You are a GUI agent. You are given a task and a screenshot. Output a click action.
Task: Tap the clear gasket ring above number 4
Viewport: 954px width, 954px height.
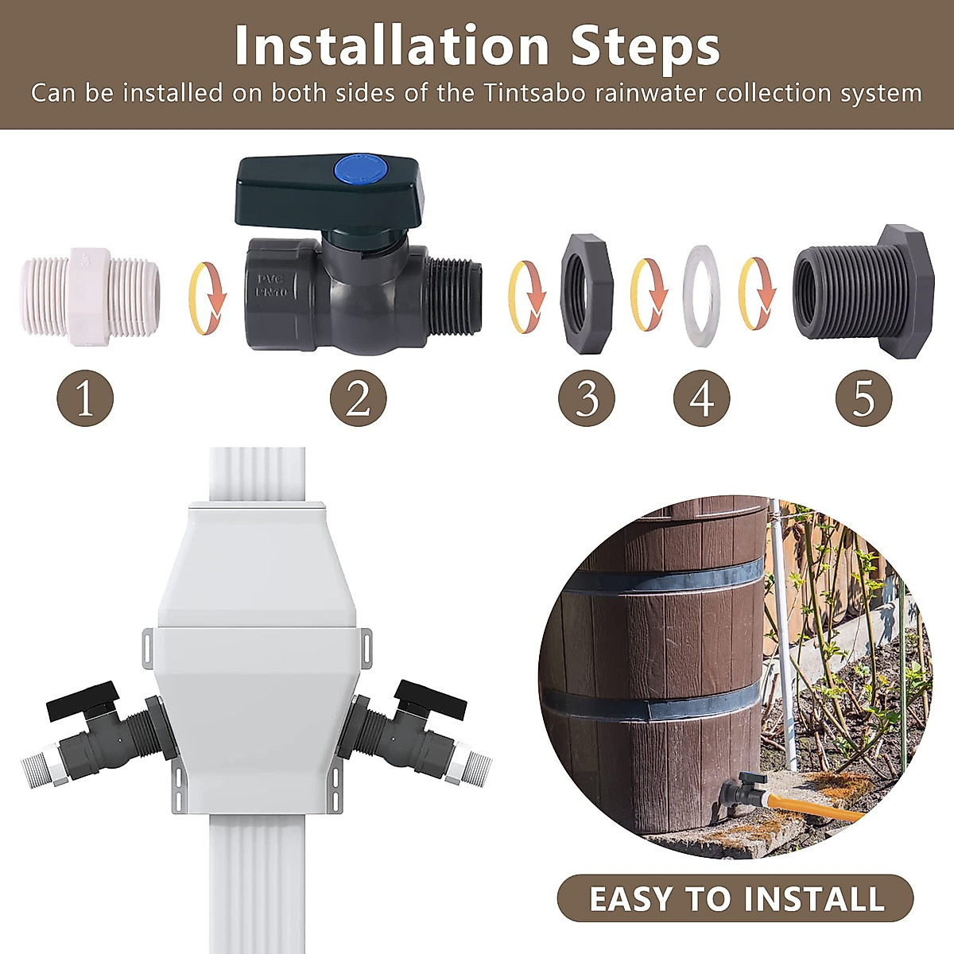pyautogui.click(x=701, y=296)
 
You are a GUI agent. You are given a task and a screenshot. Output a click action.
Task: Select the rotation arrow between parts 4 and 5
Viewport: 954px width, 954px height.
pyautogui.click(x=758, y=295)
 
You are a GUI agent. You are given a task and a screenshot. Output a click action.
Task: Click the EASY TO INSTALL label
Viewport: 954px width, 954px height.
pyautogui.click(x=736, y=898)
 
